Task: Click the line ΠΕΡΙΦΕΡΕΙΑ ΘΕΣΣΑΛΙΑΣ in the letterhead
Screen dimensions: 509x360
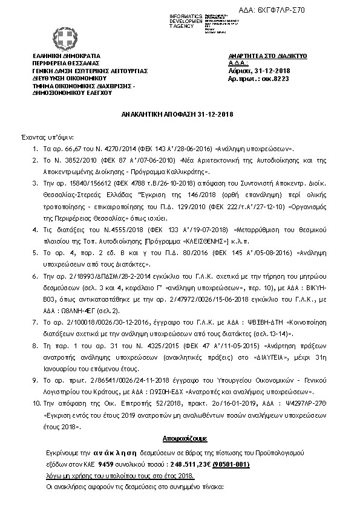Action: click(63, 63)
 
